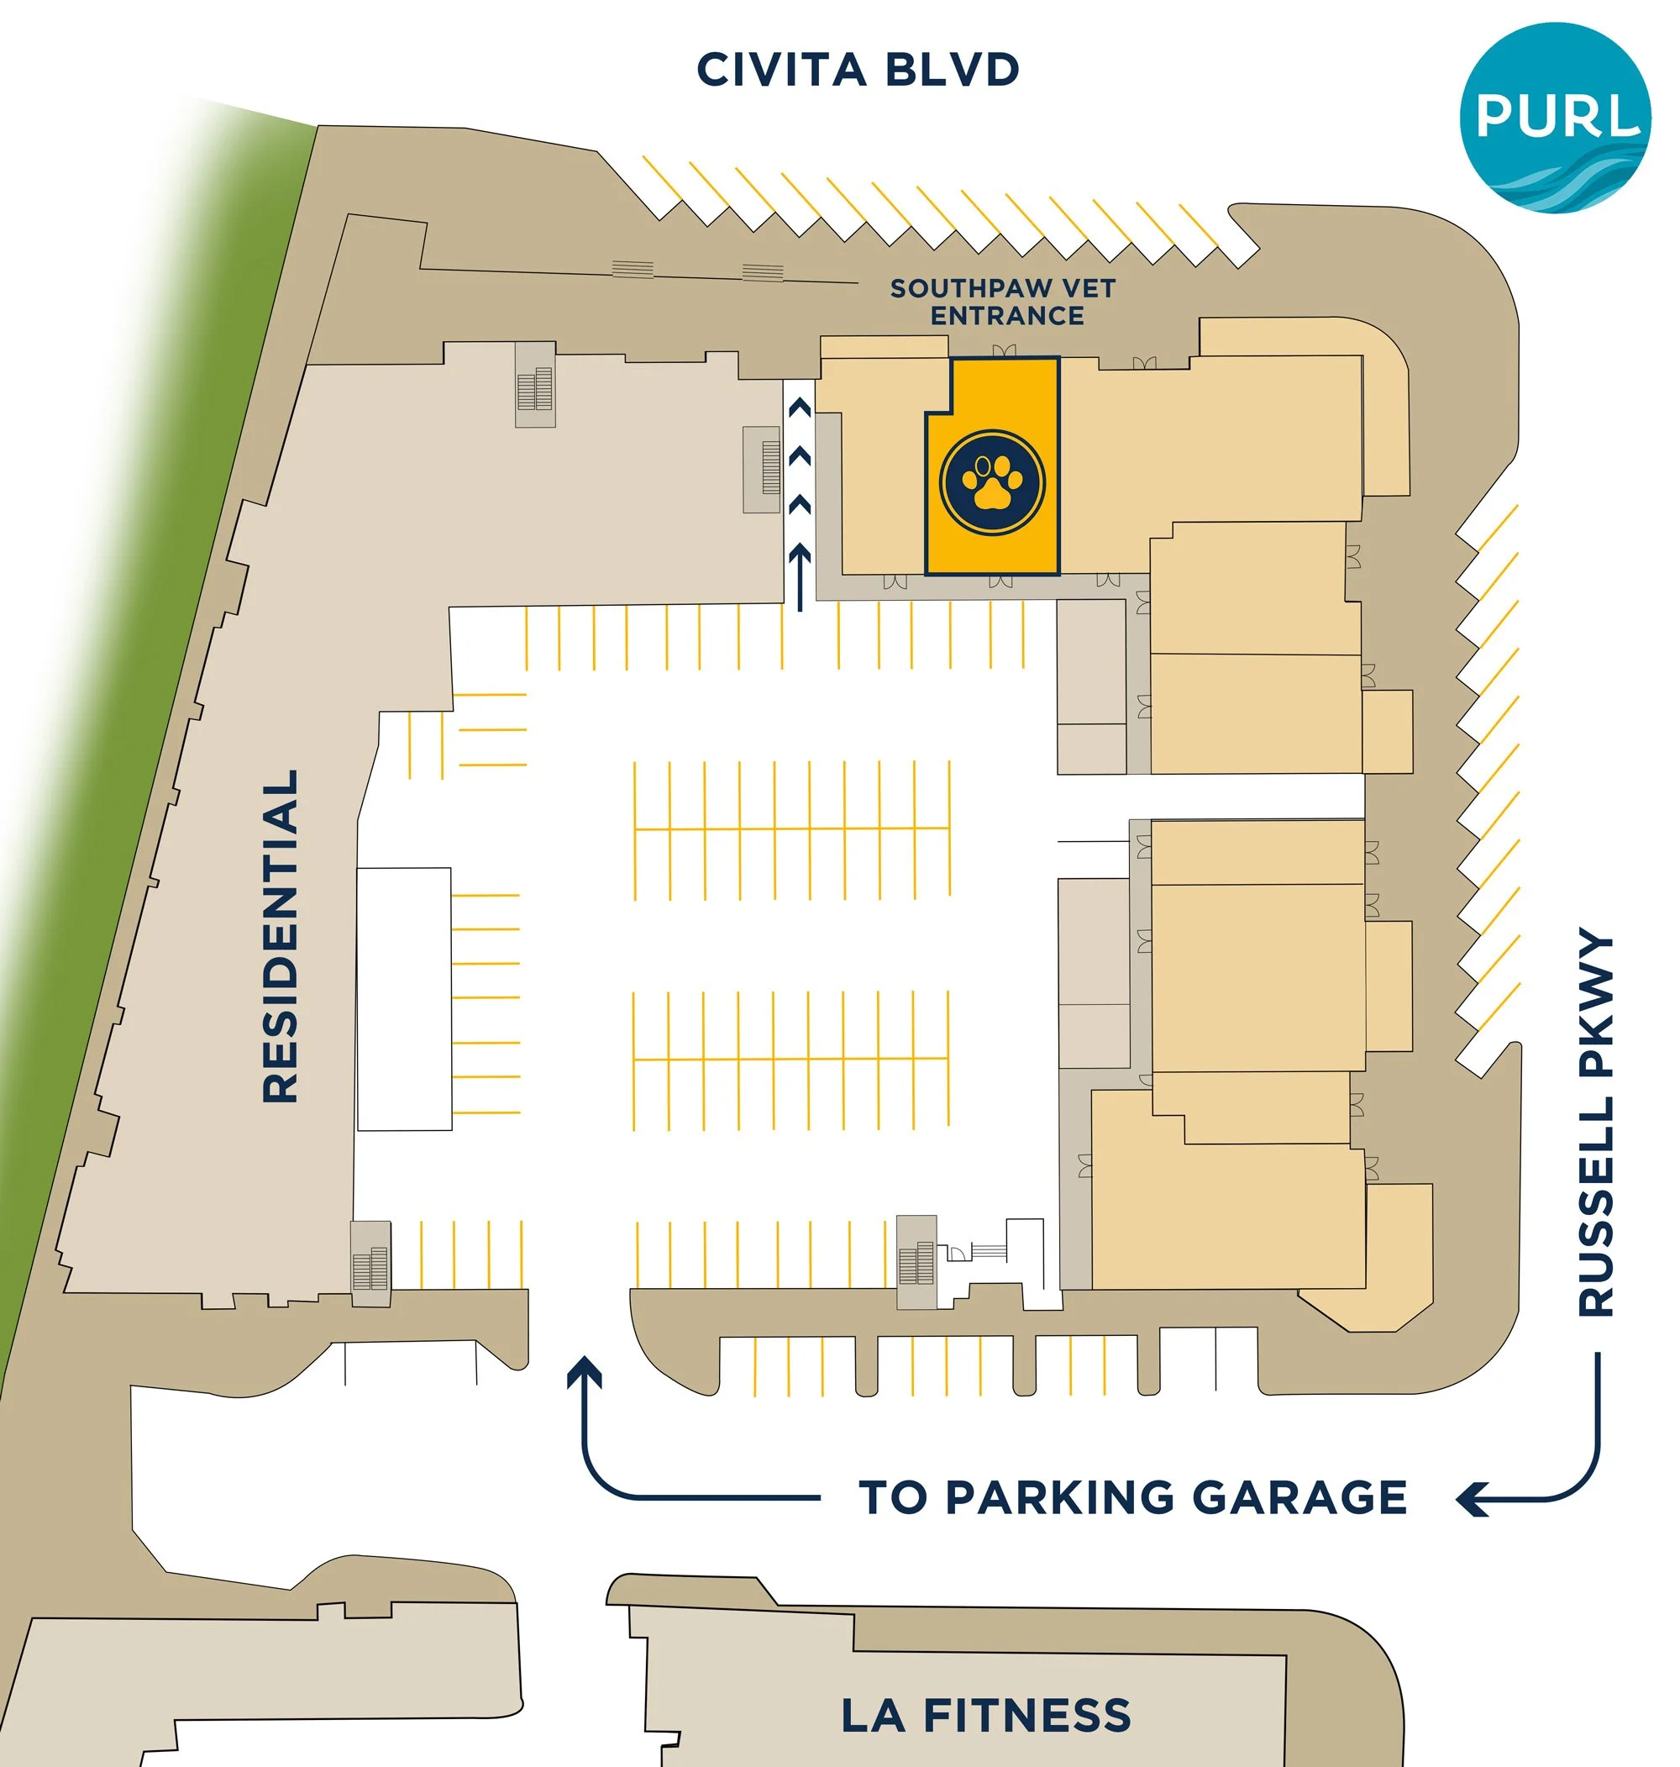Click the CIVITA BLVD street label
tap(857, 70)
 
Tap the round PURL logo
tap(1556, 118)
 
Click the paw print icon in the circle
tap(991, 481)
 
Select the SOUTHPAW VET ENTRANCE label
tap(1003, 302)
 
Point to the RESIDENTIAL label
tap(281, 936)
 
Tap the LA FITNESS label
tap(986, 1715)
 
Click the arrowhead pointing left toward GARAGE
tap(1471, 1498)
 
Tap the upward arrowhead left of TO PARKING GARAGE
tap(584, 1370)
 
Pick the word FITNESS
tap(1027, 1715)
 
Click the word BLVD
tap(952, 70)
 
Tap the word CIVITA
tap(782, 70)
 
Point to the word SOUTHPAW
tap(971, 288)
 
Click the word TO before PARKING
tap(894, 1497)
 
